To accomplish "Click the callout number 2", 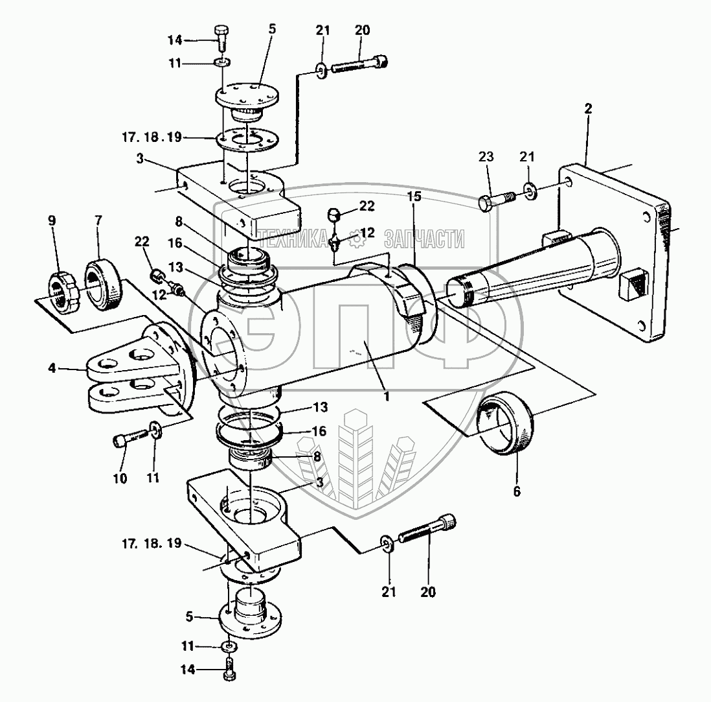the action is (x=588, y=109).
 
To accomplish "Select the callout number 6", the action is (x=517, y=491).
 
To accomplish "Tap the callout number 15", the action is (x=414, y=196).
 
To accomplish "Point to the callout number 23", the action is (x=486, y=157).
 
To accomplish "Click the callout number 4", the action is (x=52, y=368).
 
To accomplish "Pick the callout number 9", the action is (x=52, y=220).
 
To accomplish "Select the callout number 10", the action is (x=120, y=478).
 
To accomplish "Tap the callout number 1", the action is (x=387, y=396).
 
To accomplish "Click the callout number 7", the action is (x=98, y=220).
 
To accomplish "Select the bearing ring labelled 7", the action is (x=102, y=285).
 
